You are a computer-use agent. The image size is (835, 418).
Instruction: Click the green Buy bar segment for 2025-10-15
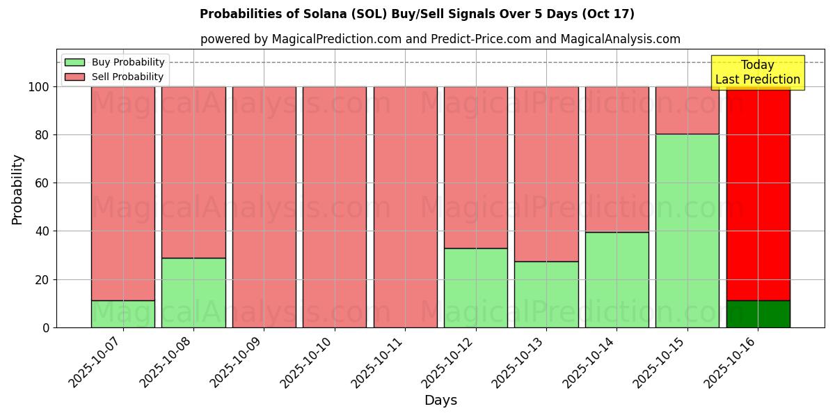[687, 231]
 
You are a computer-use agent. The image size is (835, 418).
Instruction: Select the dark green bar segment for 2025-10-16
[758, 314]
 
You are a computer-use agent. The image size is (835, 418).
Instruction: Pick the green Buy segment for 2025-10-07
[123, 314]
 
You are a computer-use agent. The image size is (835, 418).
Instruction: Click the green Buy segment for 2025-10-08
[193, 293]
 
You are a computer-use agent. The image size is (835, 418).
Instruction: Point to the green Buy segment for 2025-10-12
[476, 288]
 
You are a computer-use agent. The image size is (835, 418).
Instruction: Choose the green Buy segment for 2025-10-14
[617, 279]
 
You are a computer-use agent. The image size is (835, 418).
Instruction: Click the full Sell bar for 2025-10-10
[335, 207]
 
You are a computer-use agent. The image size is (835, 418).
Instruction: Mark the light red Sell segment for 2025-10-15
[687, 110]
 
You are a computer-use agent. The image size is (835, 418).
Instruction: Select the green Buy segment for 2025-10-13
[546, 294]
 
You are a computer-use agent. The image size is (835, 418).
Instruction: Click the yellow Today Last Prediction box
[757, 72]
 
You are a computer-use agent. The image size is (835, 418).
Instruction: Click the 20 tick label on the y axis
[42, 279]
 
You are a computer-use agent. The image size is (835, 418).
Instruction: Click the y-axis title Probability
[17, 189]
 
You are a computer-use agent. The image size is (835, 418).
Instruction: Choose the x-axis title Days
[440, 401]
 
